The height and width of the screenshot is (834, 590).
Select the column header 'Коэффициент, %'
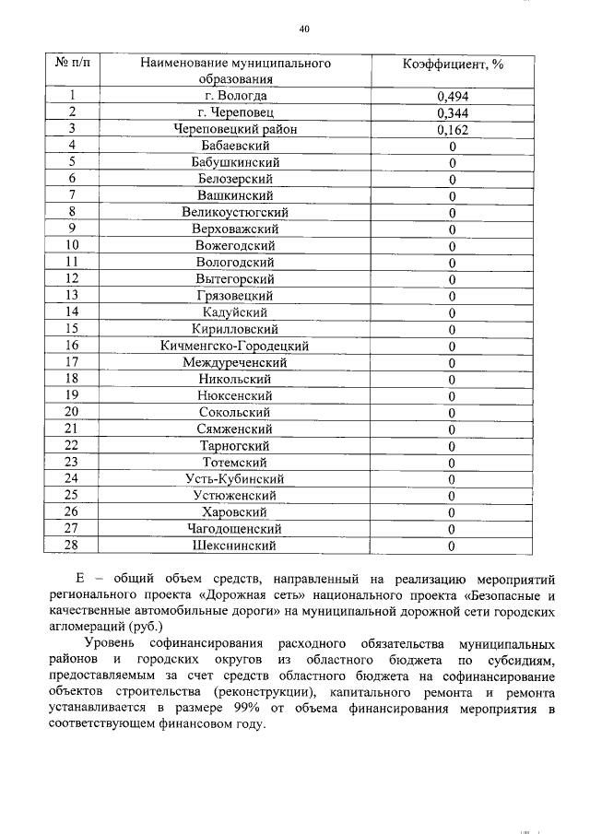[x=453, y=64]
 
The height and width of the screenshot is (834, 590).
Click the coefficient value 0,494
[x=453, y=96]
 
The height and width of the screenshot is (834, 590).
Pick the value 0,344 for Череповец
[x=453, y=112]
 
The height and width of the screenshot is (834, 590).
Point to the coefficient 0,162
[x=453, y=129]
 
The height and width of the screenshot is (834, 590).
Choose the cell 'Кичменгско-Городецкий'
[x=235, y=346]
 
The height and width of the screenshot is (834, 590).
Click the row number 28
[x=72, y=546]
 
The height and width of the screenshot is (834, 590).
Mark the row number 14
[x=72, y=312]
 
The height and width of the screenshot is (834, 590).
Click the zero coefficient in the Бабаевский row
[x=453, y=146]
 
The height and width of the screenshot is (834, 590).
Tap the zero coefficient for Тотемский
[x=453, y=463]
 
